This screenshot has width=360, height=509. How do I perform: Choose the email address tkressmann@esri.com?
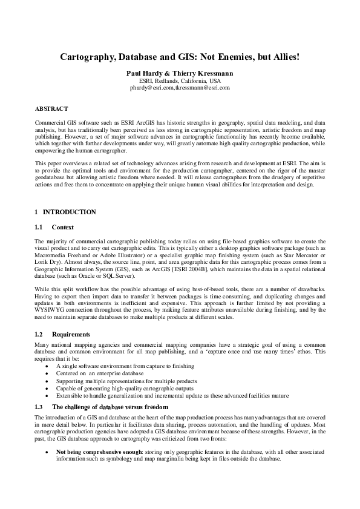pyautogui.click(x=203, y=88)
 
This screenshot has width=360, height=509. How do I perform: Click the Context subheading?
pyautogui.click(x=62, y=227)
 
